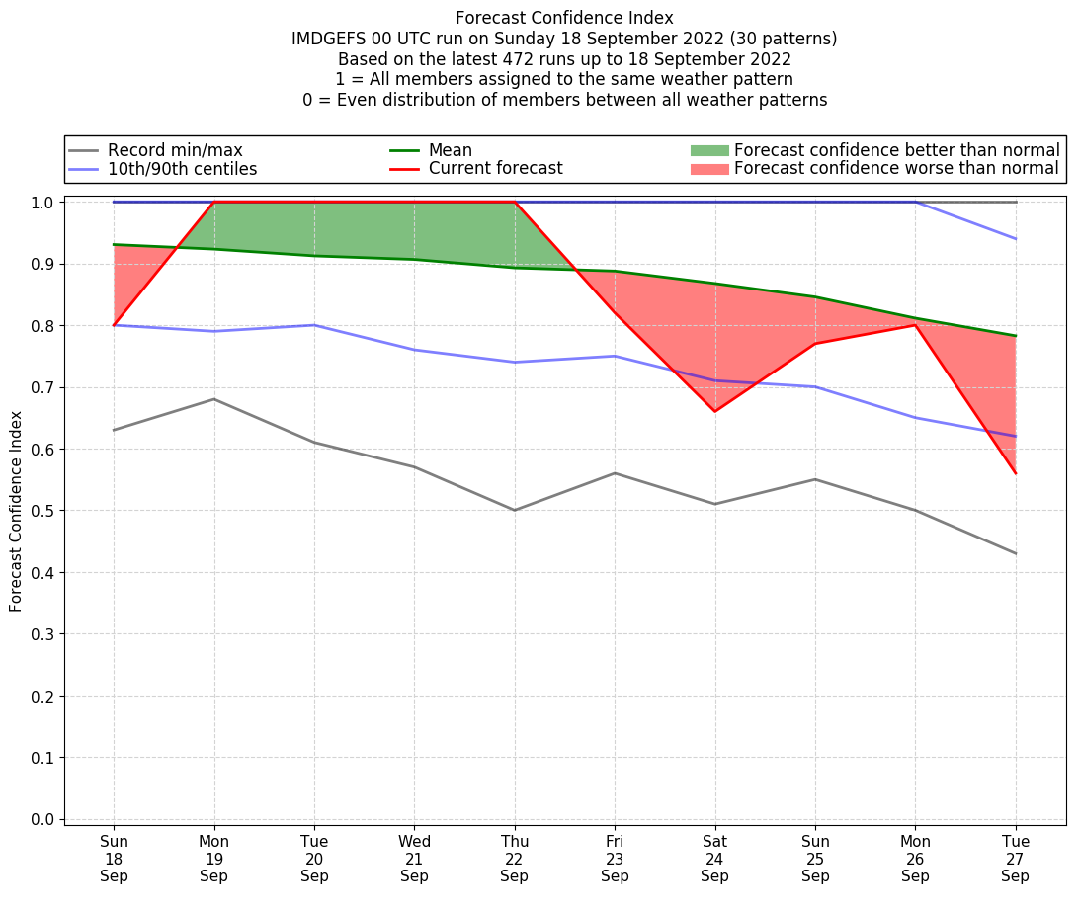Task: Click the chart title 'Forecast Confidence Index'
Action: pyautogui.click(x=564, y=18)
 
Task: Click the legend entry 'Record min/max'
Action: pyautogui.click(x=175, y=150)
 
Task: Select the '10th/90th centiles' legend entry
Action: pyautogui.click(x=182, y=169)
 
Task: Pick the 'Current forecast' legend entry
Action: pyautogui.click(x=495, y=169)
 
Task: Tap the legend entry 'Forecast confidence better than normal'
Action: pyautogui.click(x=896, y=150)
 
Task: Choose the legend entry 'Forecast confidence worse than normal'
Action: pyautogui.click(x=896, y=169)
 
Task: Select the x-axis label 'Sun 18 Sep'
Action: pyautogui.click(x=114, y=859)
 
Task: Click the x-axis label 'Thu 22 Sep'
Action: pyautogui.click(x=515, y=859)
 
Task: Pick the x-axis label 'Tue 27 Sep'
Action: pyautogui.click(x=1016, y=859)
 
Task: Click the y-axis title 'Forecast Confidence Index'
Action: pyautogui.click(x=17, y=511)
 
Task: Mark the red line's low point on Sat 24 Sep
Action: pyautogui.click(x=714, y=412)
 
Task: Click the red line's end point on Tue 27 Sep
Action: pyautogui.click(x=1016, y=473)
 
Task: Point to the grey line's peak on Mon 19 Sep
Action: pyautogui.click(x=214, y=399)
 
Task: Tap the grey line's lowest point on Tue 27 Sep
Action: pyautogui.click(x=1016, y=553)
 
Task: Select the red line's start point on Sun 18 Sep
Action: pyautogui.click(x=114, y=325)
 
